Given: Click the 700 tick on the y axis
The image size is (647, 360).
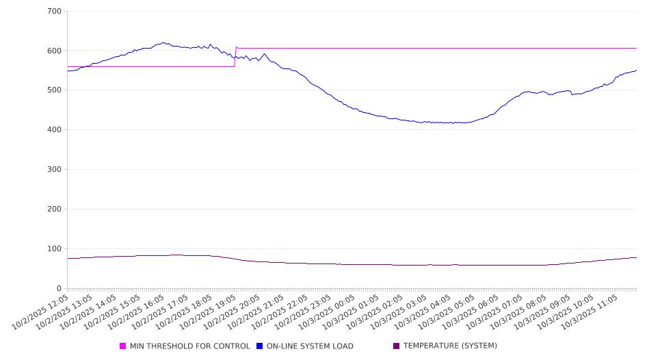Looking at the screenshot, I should pos(54,12).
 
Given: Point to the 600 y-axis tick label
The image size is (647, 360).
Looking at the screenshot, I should pos(54,51).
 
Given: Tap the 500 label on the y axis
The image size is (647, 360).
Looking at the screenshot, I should pos(54,90).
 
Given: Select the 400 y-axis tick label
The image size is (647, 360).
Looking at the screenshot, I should pos(54,130).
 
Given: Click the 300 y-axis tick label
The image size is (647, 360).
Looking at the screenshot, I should pos(54,170).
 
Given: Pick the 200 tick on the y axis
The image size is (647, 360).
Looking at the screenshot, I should pos(54,209).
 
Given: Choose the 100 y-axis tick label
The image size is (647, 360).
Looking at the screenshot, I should pos(54,248).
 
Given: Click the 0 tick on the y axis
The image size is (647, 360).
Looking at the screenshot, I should pos(59,288).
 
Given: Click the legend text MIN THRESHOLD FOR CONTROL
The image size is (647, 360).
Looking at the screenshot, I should pos(189,346).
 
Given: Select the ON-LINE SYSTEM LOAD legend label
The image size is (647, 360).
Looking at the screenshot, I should pos(310,346).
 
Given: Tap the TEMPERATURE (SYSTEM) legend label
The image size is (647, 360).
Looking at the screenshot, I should pos(450,346).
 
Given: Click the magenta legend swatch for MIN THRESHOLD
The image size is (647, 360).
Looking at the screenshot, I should pos(123,346).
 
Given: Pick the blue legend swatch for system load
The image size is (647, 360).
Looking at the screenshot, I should pos(260,346).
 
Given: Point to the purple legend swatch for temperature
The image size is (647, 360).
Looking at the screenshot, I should pos(397,346).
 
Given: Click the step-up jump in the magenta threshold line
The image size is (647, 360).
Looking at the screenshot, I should pos(235,57).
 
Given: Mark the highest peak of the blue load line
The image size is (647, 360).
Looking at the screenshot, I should pos(163,42).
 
